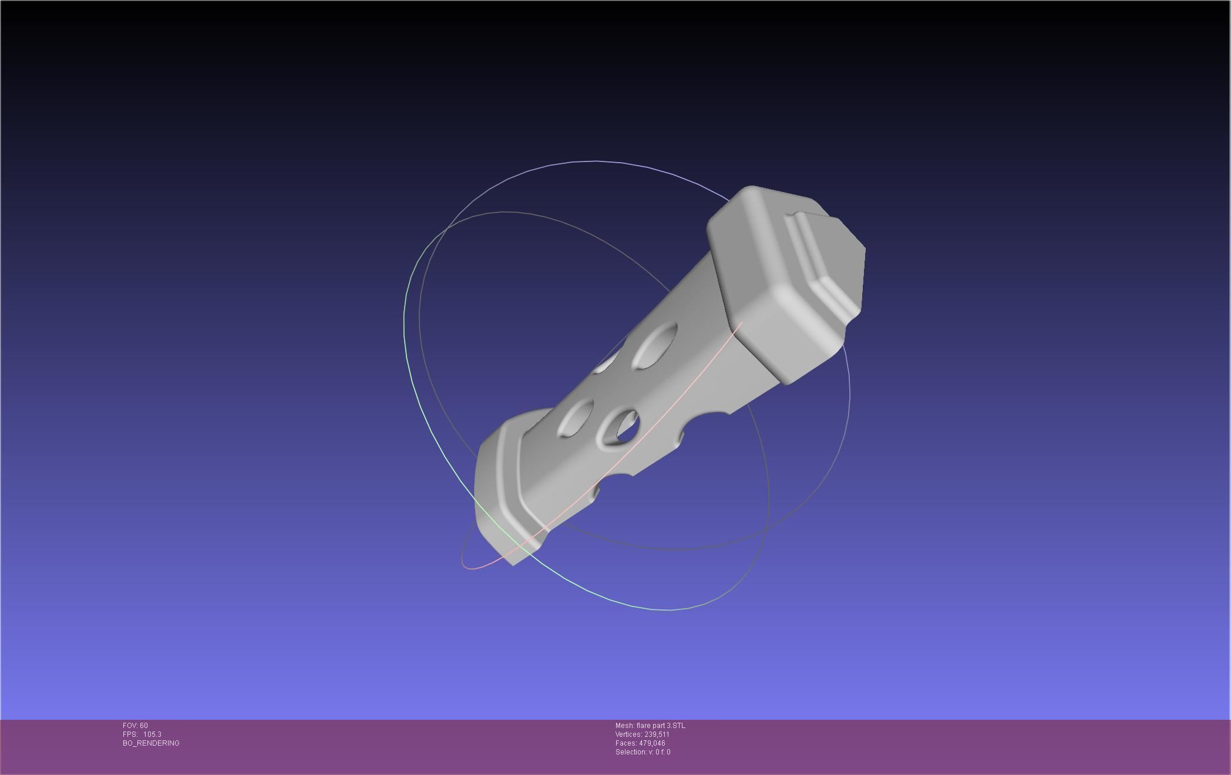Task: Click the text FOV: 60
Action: (x=135, y=726)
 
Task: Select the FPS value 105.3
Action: (x=152, y=734)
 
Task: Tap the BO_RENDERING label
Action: (x=151, y=743)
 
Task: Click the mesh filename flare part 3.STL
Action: (x=660, y=726)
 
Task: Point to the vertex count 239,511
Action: (x=657, y=734)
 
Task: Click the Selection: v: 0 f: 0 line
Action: (x=643, y=752)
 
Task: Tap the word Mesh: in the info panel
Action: (x=625, y=726)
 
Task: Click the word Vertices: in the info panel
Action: (x=628, y=734)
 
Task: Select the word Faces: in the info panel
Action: (x=626, y=743)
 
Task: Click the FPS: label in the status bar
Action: (x=130, y=734)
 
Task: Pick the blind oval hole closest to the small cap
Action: (x=574, y=418)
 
